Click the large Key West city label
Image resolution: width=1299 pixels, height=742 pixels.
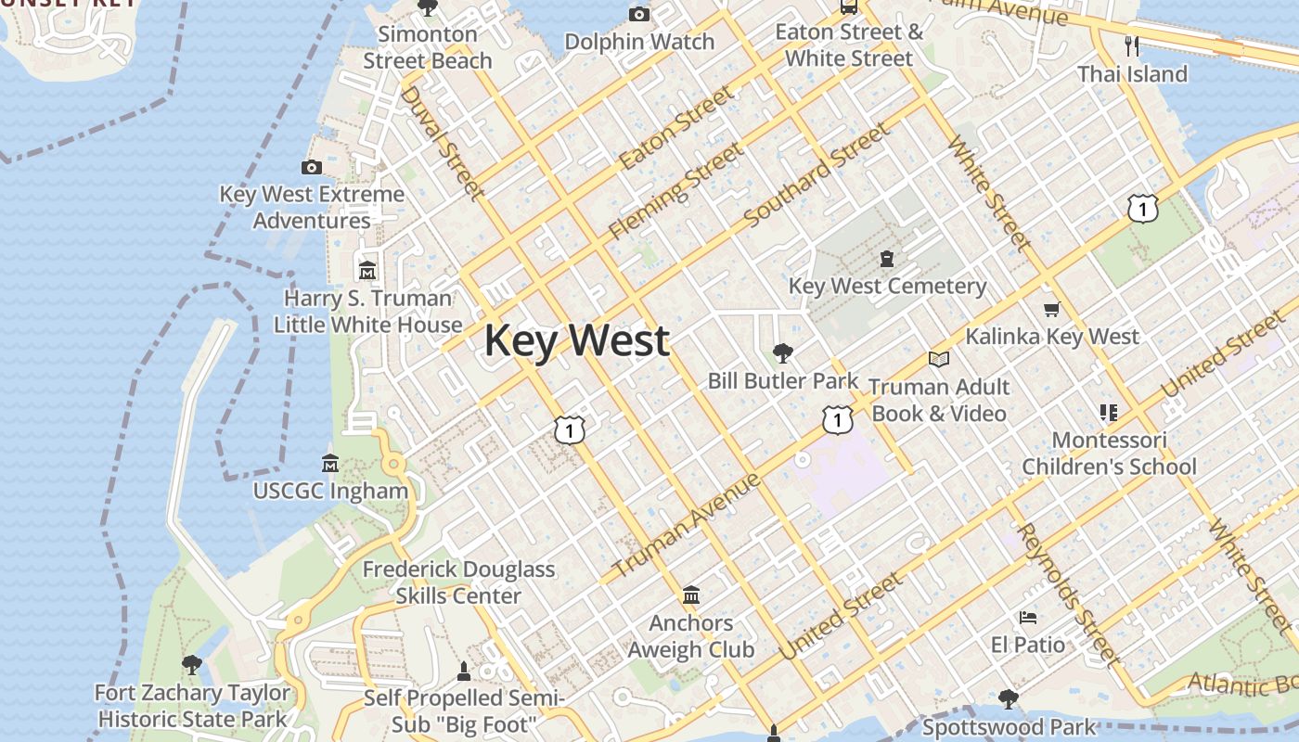(x=576, y=340)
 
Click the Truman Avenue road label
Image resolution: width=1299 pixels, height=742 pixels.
(x=687, y=525)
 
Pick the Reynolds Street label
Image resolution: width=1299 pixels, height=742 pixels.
(x=1068, y=595)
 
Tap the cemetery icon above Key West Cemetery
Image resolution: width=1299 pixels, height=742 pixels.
(x=887, y=259)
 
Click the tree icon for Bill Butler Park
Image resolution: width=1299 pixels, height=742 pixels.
(x=782, y=352)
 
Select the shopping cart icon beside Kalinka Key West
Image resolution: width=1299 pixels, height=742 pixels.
(x=1051, y=310)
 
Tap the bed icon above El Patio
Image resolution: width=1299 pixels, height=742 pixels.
(x=1027, y=618)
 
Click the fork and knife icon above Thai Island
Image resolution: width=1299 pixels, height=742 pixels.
(x=1131, y=45)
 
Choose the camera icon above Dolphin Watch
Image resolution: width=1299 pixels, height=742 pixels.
(x=639, y=14)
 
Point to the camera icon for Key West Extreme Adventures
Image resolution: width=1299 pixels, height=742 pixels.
(x=312, y=168)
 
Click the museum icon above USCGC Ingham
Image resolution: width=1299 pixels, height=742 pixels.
(x=329, y=463)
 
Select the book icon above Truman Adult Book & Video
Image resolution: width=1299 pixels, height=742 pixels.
(x=939, y=359)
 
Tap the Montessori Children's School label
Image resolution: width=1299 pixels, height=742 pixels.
(x=1109, y=454)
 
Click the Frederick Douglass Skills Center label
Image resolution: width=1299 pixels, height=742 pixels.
(x=458, y=582)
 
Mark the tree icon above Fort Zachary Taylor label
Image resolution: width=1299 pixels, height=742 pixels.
(x=192, y=664)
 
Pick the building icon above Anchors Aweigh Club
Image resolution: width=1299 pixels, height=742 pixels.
(x=690, y=595)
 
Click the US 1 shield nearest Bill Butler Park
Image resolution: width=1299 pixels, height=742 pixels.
(x=837, y=420)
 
